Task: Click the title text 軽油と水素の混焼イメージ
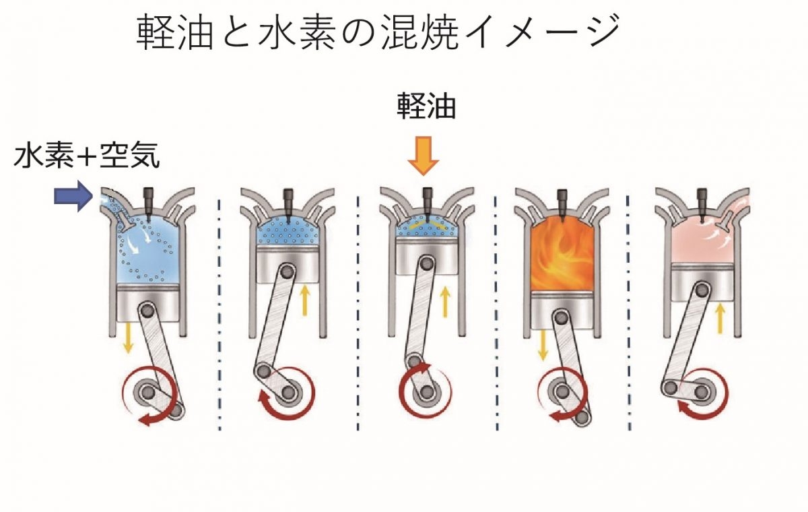[378, 32]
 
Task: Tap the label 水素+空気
[87, 156]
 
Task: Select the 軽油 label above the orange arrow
[426, 106]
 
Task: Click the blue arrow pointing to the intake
[73, 196]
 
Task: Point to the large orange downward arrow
[423, 156]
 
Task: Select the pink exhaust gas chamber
[702, 241]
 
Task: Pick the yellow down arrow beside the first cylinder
[128, 338]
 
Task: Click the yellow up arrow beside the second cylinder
[305, 300]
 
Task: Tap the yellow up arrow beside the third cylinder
[446, 301]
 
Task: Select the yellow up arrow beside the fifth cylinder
[720, 318]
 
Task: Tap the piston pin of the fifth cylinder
[702, 290]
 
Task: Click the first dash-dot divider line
[220, 314]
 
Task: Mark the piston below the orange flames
[562, 311]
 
